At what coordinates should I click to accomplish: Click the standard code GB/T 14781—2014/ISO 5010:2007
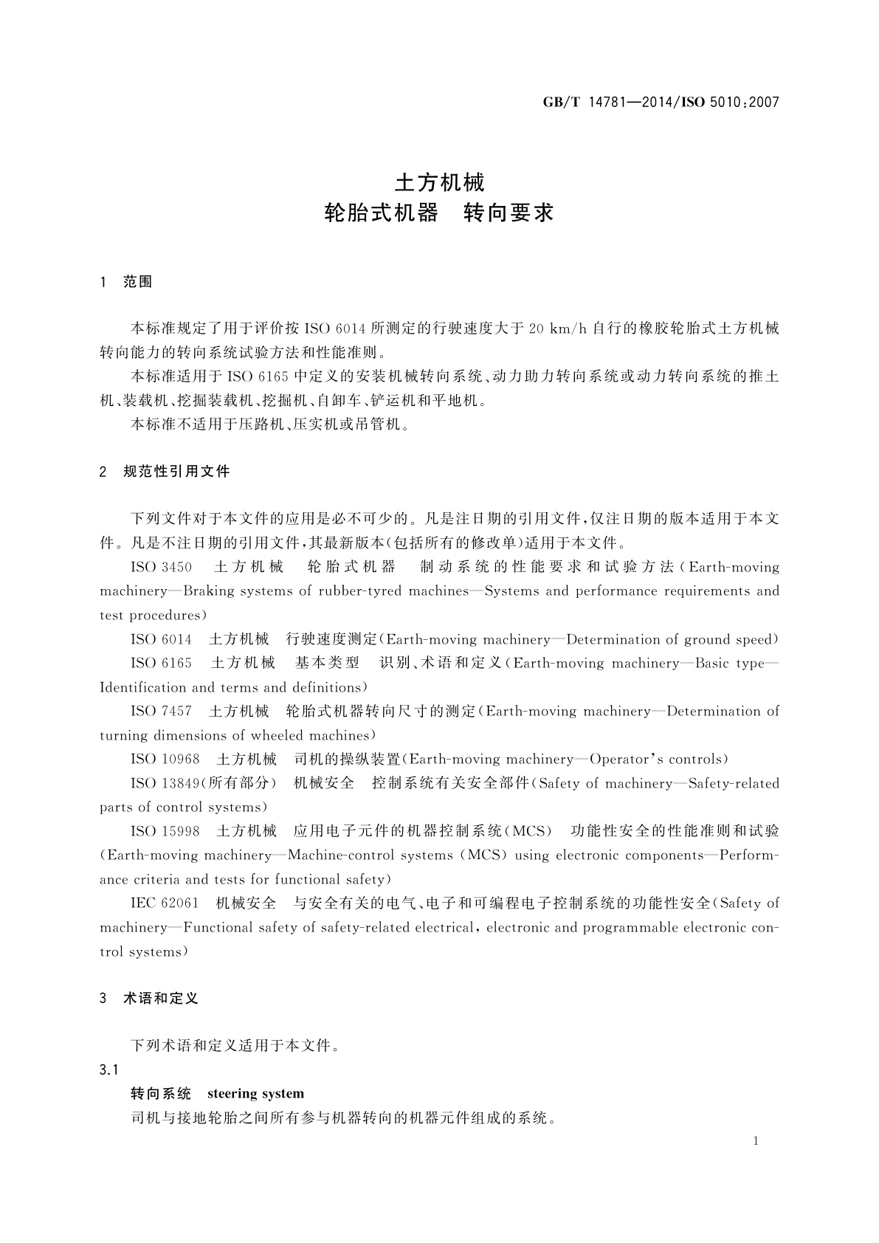[661, 103]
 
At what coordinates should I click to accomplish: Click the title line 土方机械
[439, 182]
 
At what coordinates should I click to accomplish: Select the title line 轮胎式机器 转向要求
[439, 214]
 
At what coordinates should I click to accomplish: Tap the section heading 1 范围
[125, 282]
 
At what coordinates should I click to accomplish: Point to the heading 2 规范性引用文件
[165, 471]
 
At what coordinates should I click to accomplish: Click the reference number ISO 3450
[161, 567]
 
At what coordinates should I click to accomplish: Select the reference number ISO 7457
[161, 712]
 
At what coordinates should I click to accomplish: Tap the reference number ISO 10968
[165, 760]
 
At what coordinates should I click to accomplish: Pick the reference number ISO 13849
[165, 783]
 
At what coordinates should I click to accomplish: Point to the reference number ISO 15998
[165, 831]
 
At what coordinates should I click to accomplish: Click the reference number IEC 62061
[165, 903]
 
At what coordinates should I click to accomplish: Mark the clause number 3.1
[109, 1070]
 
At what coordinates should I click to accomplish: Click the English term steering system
[255, 1094]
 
